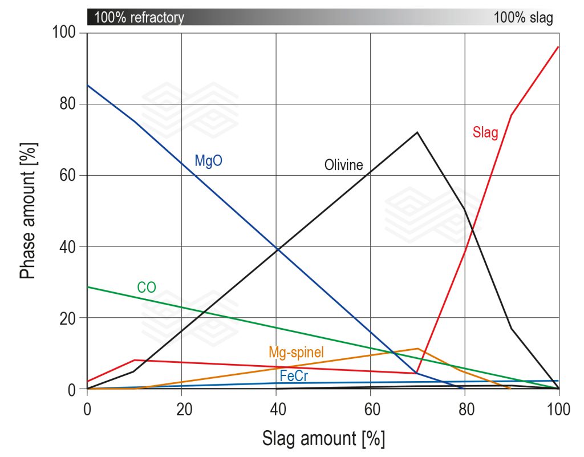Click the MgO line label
tap(208, 161)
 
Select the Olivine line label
tap(343, 165)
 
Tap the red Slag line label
tap(485, 133)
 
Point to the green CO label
tap(147, 288)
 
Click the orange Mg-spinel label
tap(296, 353)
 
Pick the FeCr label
tap(294, 376)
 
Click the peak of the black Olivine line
tap(417, 132)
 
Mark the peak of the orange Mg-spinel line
tap(417, 348)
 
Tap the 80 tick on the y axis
tap(68, 104)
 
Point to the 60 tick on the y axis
tap(68, 176)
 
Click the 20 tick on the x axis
tap(181, 409)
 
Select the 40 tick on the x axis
tap(276, 409)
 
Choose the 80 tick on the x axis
tap(465, 409)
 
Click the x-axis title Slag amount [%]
tap(323, 438)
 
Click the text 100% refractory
tap(139, 18)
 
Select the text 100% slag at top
tap(523, 18)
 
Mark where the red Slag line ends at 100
tap(558, 47)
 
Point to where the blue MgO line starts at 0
tap(87, 85)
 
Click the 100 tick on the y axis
tap(65, 33)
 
